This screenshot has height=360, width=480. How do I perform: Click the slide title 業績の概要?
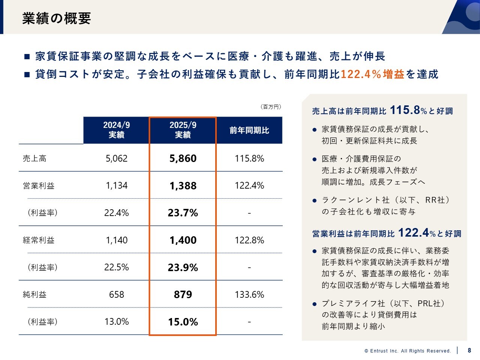tap(57, 18)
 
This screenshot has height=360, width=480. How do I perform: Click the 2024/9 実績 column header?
tap(117, 130)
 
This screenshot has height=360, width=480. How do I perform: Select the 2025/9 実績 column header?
tap(183, 130)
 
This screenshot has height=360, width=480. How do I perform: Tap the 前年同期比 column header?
tap(249, 130)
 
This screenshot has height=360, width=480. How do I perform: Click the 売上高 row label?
tap(35, 158)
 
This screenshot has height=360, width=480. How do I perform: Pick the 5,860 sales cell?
tap(183, 158)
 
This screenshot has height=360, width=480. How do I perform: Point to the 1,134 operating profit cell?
tap(117, 186)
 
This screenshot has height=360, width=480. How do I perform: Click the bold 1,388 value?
tap(183, 186)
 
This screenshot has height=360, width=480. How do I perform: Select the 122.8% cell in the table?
tap(249, 240)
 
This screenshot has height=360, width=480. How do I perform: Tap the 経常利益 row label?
tap(39, 240)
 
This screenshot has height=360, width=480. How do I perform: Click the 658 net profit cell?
tap(117, 294)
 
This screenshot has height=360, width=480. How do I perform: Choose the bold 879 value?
tap(183, 294)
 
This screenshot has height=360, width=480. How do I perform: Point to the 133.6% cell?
tap(249, 294)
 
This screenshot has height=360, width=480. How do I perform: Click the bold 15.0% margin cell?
tap(183, 322)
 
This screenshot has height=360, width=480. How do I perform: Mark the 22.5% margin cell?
tap(117, 267)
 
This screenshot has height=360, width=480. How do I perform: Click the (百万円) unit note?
tap(271, 107)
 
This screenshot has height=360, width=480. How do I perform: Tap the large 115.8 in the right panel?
tap(405, 110)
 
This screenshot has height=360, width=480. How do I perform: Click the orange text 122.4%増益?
tap(372, 74)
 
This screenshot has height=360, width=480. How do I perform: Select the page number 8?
tap(469, 351)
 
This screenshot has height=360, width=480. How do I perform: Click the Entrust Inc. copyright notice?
tap(408, 351)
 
